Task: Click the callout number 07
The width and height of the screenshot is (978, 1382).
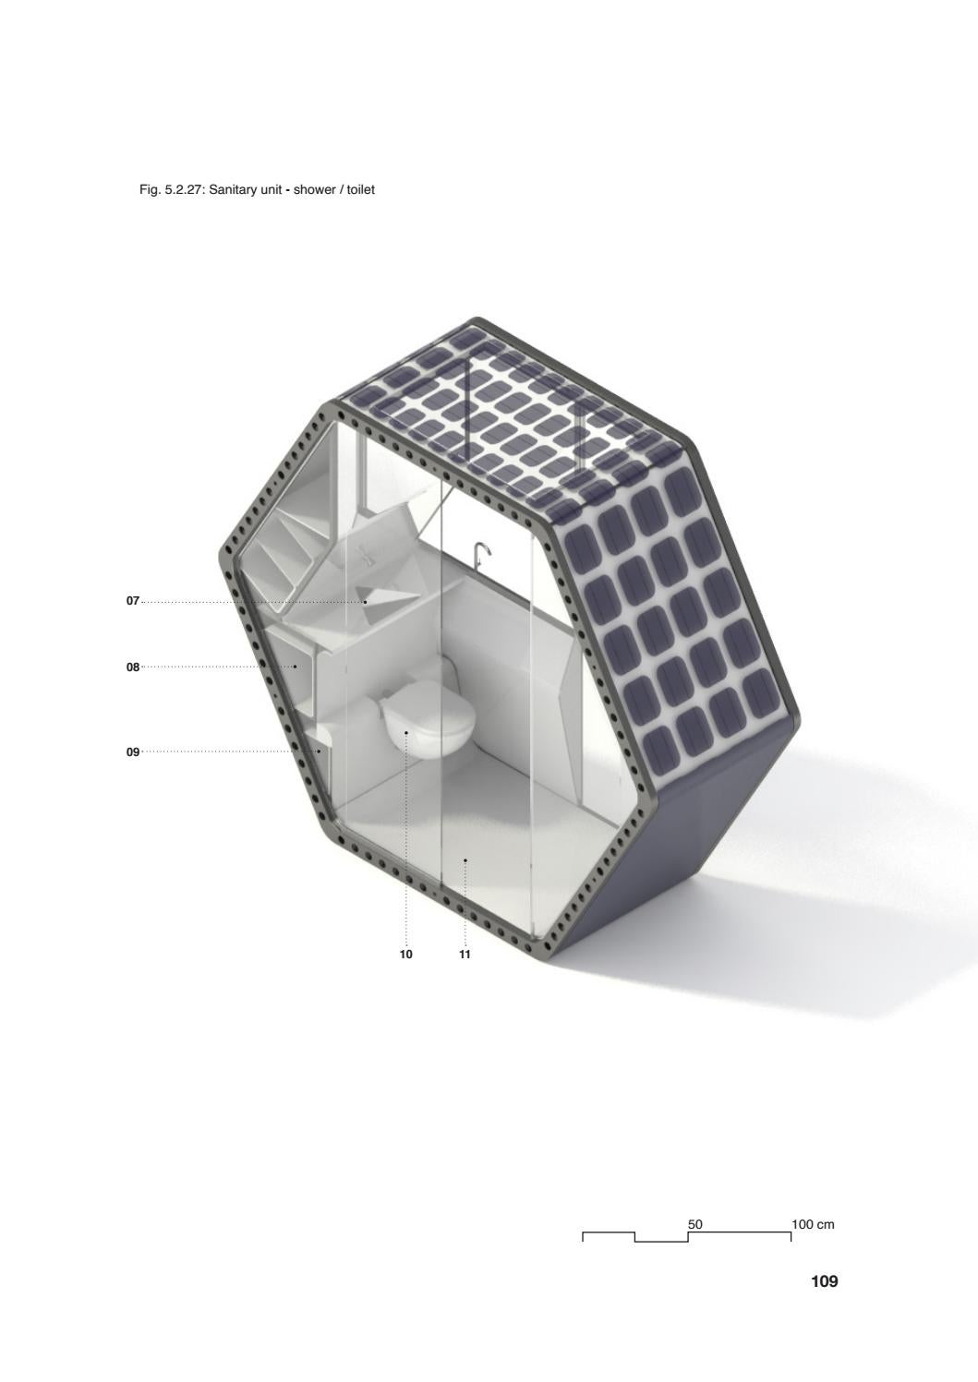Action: [x=132, y=601]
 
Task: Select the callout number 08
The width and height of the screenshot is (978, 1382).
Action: [x=132, y=667]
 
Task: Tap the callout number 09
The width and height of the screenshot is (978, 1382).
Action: [x=132, y=752]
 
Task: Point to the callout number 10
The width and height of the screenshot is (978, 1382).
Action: [x=405, y=955]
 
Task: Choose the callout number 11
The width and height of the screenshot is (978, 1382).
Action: [x=465, y=955]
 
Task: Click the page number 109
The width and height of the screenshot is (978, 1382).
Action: [x=824, y=1281]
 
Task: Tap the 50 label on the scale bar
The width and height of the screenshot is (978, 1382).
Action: [x=695, y=1224]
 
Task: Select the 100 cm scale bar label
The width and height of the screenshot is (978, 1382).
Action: [x=813, y=1224]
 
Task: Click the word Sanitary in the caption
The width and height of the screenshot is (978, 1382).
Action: [x=234, y=190]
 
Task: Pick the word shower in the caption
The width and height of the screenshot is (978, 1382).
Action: [x=314, y=190]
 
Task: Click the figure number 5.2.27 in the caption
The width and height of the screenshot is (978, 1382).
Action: [x=184, y=190]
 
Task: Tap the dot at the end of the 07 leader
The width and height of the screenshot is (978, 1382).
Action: [x=365, y=602]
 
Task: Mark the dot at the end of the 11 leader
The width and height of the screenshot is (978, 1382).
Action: [x=465, y=859]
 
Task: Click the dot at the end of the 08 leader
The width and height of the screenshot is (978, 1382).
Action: [x=296, y=667]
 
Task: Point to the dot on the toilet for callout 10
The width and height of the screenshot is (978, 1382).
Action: [x=406, y=733]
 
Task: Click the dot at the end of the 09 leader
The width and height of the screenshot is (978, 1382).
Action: [x=320, y=751]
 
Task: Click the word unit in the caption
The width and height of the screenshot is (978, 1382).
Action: [x=270, y=190]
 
